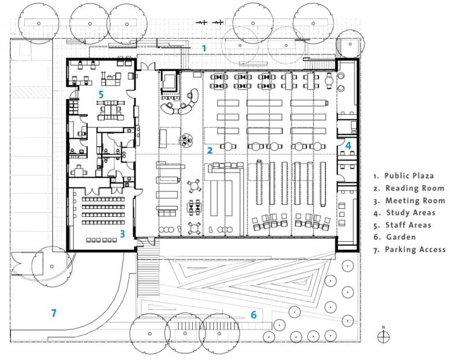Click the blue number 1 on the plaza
click(x=204, y=48)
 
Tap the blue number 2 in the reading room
click(x=211, y=151)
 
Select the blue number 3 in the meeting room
click(x=122, y=234)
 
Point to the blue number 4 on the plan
click(x=348, y=146)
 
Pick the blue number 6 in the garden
click(x=253, y=314)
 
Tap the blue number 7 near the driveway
click(x=54, y=313)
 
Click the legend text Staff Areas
click(x=408, y=225)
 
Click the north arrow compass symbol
click(x=383, y=336)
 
